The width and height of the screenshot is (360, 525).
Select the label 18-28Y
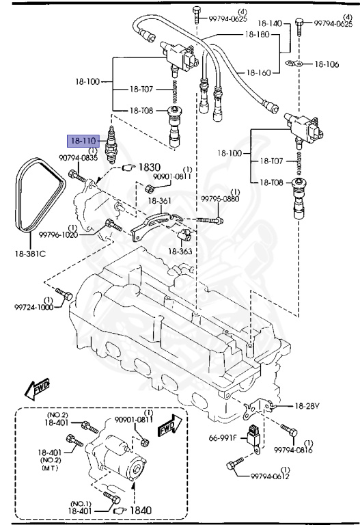click(x=307, y=406)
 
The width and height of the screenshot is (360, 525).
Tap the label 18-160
click(x=259, y=72)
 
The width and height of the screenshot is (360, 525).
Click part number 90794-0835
click(x=78, y=158)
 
